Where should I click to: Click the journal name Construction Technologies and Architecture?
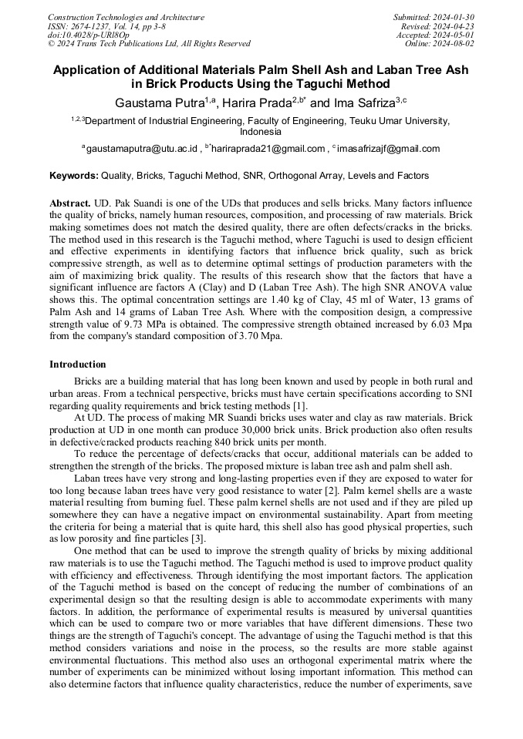click(x=126, y=17)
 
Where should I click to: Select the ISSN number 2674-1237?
click(x=95, y=26)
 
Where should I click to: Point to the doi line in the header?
click(x=89, y=35)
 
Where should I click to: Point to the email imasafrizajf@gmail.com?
click(x=390, y=149)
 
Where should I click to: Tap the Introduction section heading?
click(x=78, y=364)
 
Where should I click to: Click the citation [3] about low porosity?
click(x=198, y=538)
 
